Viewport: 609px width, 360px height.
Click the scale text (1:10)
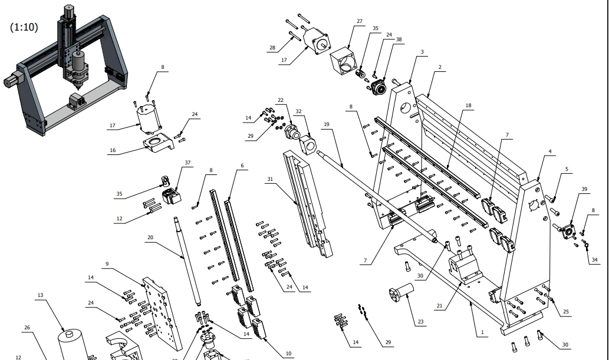pos(24,27)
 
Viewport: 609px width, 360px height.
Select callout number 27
pos(359,22)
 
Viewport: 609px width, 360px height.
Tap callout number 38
pos(399,39)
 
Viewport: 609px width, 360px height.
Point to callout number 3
pos(422,51)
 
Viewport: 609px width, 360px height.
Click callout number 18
pos(468,105)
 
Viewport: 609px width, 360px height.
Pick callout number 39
pos(584,189)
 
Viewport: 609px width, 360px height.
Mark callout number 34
pos(594,260)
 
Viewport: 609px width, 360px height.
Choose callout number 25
pos(566,312)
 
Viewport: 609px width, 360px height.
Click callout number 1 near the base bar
pos(482,332)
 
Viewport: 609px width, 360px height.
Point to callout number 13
pos(40,295)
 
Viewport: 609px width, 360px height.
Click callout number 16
pos(112,150)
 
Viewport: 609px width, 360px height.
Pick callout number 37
pos(187,162)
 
